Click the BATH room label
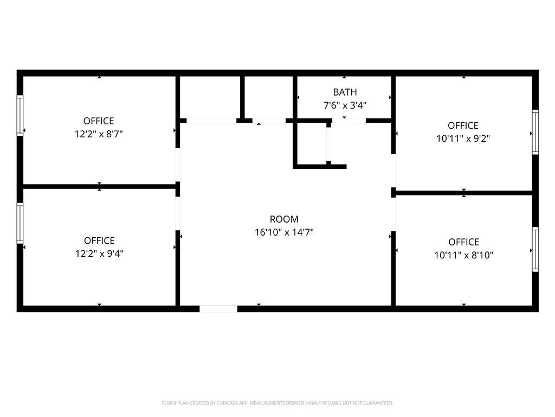click(345, 92)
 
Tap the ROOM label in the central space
click(284, 219)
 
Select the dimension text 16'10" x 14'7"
click(284, 232)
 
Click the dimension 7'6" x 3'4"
click(345, 105)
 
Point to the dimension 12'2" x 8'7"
click(99, 134)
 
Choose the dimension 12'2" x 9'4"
click(99, 254)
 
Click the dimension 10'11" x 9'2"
click(463, 138)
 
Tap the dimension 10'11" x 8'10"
click(464, 255)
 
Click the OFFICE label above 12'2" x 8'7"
click(99, 121)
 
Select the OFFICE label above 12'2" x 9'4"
click(99, 241)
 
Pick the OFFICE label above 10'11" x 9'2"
click(463, 125)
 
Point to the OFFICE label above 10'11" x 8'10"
click(464, 242)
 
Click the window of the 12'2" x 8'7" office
click(20, 116)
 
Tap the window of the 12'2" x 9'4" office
click(20, 223)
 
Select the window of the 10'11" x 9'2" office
click(535, 132)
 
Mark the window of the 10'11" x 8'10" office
click(535, 250)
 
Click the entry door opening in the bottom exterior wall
click(218, 309)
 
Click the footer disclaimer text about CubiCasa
click(277, 403)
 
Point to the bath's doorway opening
click(349, 121)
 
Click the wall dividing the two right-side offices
click(464, 193)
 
